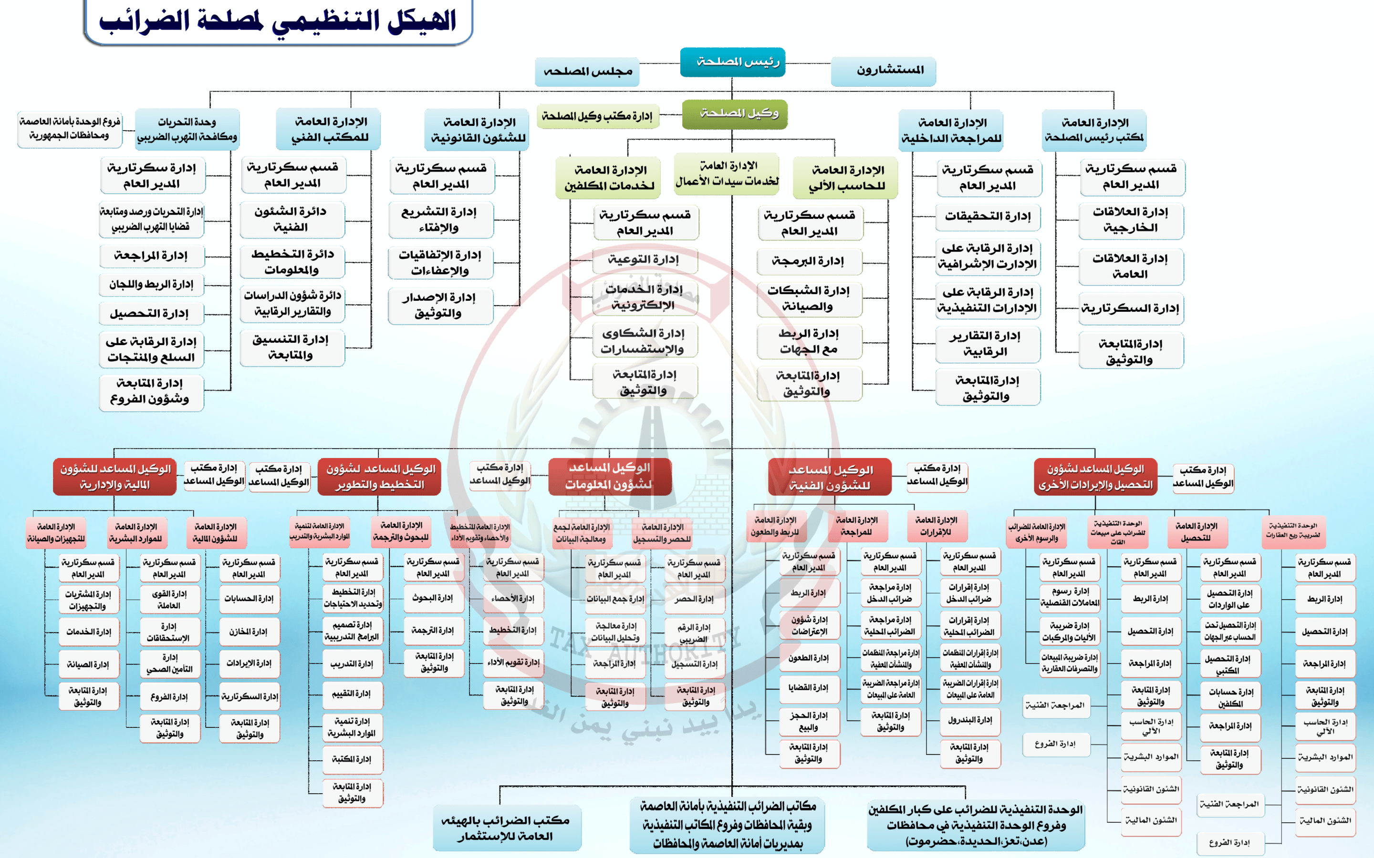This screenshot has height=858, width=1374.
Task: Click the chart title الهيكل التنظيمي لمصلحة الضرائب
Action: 278,21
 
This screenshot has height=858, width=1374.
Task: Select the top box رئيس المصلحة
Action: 732,62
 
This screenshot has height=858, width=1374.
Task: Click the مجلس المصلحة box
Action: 587,72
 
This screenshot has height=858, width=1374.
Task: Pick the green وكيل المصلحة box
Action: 735,114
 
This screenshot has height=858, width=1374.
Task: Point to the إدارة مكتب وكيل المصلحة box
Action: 597,116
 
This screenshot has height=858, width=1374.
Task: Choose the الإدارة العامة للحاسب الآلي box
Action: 845,178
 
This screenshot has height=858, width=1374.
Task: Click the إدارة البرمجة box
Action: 810,262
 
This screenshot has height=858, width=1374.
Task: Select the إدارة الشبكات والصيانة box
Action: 810,299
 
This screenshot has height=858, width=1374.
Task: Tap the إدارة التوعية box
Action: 645,260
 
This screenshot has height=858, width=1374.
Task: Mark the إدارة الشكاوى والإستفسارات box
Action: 645,341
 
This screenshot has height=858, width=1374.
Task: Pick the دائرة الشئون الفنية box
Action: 292,220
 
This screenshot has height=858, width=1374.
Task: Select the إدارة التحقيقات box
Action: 988,217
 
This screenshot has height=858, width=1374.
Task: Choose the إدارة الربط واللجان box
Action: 152,284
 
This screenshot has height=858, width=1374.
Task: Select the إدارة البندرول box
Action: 970,720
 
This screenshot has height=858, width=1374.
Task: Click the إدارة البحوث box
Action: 433,598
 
